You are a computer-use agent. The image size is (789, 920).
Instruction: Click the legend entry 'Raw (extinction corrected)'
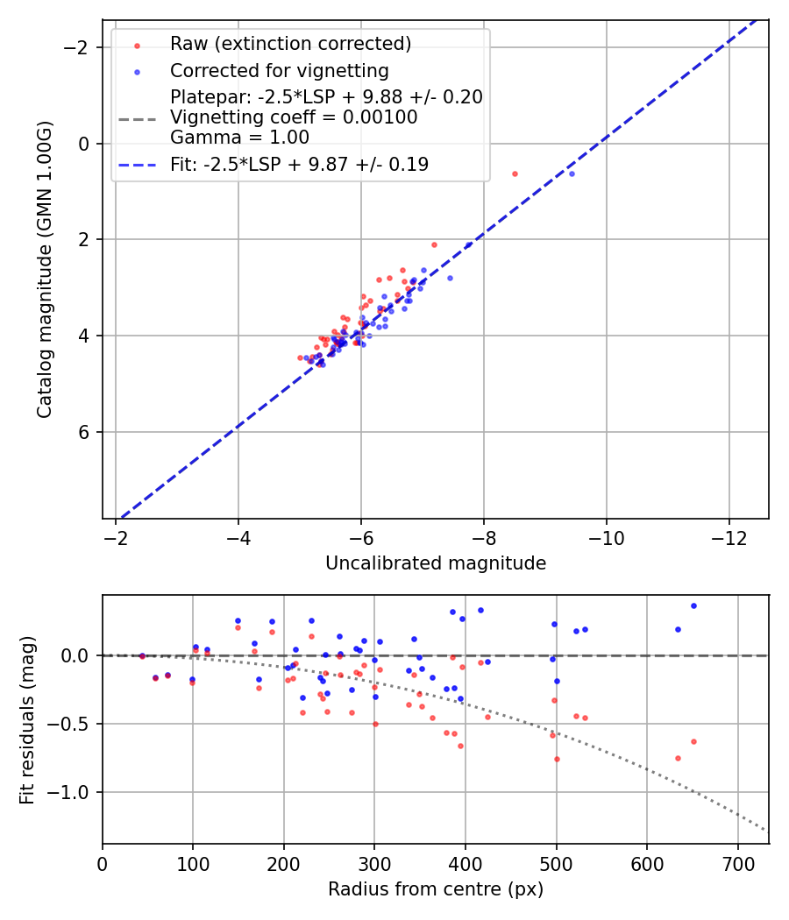(290, 44)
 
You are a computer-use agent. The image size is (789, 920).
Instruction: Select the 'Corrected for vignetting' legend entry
(279, 70)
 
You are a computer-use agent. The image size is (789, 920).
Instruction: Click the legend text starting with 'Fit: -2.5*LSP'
(299, 164)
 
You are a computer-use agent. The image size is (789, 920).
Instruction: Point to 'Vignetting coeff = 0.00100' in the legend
(294, 117)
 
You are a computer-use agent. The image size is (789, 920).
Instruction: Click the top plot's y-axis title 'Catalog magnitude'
(45, 269)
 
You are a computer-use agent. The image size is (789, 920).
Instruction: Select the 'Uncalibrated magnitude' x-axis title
(436, 563)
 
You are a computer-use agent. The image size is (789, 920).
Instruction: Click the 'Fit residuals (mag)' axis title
(27, 719)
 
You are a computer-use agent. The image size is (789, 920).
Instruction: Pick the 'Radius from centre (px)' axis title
(436, 889)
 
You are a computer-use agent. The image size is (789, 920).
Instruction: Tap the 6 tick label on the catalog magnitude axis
(85, 432)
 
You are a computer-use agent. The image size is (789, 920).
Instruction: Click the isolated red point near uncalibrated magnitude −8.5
(515, 173)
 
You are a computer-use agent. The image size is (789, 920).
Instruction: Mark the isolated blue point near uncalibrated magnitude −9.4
(572, 173)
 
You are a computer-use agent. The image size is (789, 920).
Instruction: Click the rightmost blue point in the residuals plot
(693, 605)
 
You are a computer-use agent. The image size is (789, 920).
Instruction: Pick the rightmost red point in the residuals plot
(693, 741)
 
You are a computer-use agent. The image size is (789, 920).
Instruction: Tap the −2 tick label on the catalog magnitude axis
(81, 47)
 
